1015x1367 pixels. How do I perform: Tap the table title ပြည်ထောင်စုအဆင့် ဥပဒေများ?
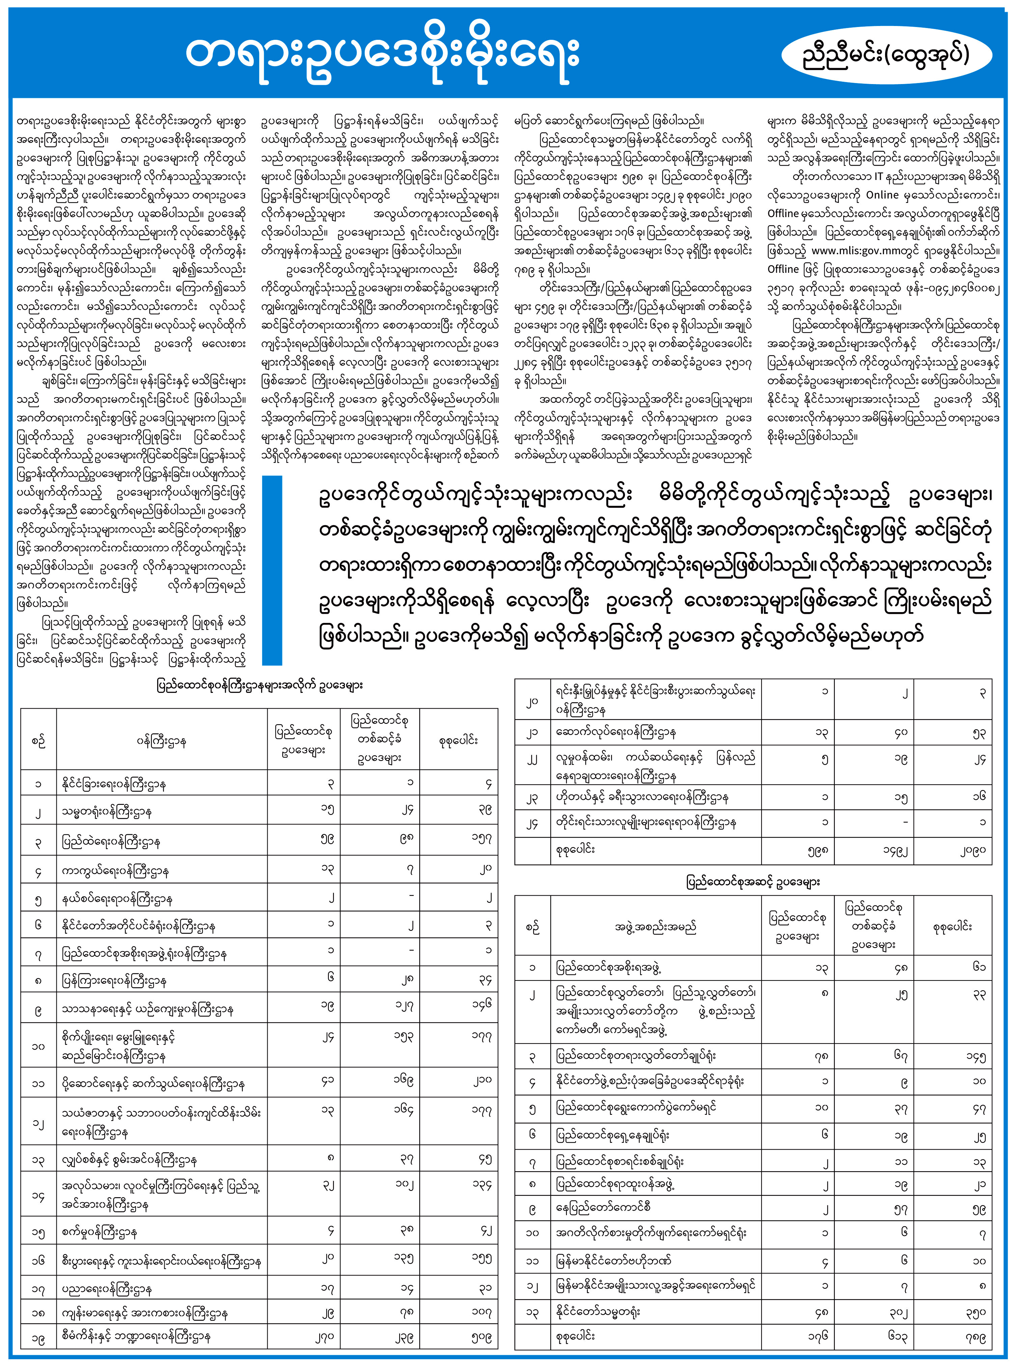tap(753, 882)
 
